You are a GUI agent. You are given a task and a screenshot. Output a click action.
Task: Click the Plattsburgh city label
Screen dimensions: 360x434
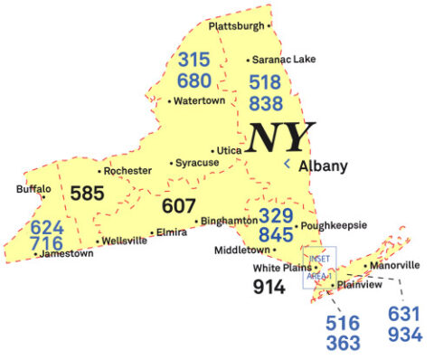pos(238,26)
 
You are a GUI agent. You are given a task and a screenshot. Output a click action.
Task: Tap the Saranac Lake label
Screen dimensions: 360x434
pos(282,60)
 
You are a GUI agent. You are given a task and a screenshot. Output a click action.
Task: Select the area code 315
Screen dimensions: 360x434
pos(193,61)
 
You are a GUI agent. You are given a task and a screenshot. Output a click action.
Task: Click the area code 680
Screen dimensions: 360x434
pos(193,81)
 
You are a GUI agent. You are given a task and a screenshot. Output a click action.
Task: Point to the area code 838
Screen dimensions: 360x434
pos(265,103)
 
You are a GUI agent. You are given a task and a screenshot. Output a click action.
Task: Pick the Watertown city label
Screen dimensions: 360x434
pos(199,100)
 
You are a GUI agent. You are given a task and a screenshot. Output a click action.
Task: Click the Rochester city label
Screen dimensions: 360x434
pos(127,170)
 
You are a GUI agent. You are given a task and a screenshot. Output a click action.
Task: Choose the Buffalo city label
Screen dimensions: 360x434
pos(33,189)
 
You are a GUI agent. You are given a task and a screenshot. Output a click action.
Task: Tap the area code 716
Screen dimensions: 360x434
pos(46,243)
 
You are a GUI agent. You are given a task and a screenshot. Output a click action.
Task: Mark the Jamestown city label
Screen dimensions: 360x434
pos(67,254)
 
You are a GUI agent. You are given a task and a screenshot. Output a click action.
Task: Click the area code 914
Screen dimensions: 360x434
pos(269,287)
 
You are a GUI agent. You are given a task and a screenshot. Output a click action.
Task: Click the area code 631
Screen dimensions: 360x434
pos(404,314)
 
